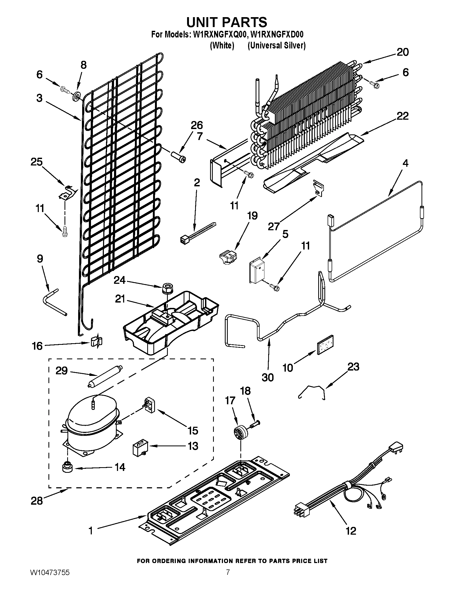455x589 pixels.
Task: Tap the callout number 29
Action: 62,371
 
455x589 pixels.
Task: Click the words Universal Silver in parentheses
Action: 276,46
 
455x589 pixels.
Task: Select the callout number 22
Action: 402,116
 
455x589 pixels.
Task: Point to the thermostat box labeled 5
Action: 257,270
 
